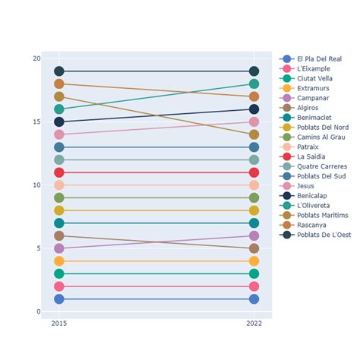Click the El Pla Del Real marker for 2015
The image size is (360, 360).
point(59,299)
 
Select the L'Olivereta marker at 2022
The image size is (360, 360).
point(254,84)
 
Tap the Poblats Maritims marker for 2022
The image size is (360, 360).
point(254,134)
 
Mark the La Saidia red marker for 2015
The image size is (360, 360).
point(59,172)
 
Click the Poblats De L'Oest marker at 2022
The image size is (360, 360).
point(254,71)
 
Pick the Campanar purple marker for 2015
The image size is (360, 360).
point(59,248)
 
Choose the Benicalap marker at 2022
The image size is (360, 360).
point(254,109)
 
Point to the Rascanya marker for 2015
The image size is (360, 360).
point(59,84)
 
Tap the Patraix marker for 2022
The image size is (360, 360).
point(254,185)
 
